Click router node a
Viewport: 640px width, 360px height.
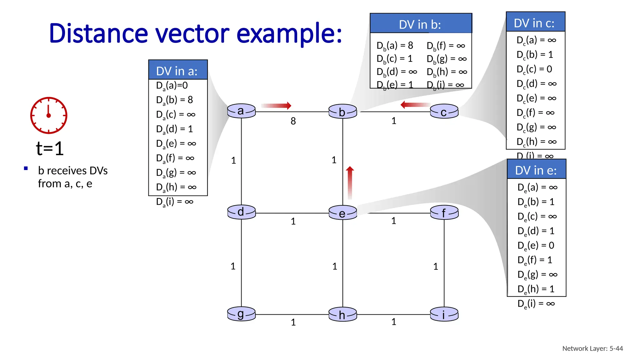pyautogui.click(x=241, y=111)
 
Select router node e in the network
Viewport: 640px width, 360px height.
pyautogui.click(x=342, y=213)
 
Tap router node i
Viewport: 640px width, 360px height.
pyautogui.click(x=444, y=314)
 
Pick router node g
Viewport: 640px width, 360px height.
pyautogui.click(x=241, y=314)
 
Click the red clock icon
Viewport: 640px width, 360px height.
pyautogui.click(x=48, y=115)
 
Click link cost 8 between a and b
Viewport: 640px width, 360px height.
pyautogui.click(x=293, y=121)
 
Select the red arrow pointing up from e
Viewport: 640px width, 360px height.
pyautogui.click(x=350, y=182)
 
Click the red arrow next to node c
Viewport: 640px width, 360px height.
pyautogui.click(x=415, y=105)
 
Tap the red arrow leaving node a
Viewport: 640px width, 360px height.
pyautogui.click(x=276, y=106)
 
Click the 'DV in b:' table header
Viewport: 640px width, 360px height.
pyautogui.click(x=420, y=24)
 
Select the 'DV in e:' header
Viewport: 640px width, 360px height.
pyautogui.click(x=536, y=170)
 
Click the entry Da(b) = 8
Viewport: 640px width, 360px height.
pyautogui.click(x=174, y=100)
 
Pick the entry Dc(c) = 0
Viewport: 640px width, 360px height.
pyautogui.click(x=534, y=69)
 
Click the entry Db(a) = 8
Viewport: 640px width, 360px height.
pyautogui.click(x=395, y=46)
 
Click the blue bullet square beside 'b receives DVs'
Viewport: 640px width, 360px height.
pyautogui.click(x=26, y=169)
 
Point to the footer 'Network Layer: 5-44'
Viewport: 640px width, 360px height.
pyautogui.click(x=592, y=348)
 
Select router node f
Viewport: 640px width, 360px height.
pyautogui.click(x=444, y=213)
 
